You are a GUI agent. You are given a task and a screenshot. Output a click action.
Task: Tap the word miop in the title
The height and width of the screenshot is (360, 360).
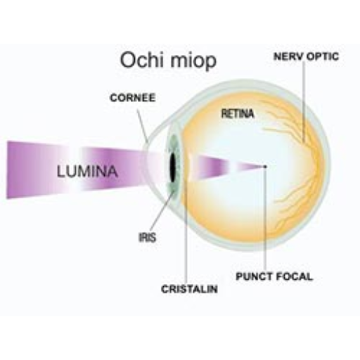point(193,61)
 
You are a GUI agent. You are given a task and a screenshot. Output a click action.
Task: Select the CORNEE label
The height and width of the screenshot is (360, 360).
point(133,98)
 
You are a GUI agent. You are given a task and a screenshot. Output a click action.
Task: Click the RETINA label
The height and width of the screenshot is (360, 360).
point(238,114)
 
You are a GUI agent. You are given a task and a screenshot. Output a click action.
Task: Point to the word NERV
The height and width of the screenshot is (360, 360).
point(288,56)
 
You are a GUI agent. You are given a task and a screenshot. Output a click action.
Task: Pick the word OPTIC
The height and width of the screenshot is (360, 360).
point(323,56)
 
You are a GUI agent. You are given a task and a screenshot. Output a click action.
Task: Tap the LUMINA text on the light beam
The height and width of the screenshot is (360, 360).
point(87,171)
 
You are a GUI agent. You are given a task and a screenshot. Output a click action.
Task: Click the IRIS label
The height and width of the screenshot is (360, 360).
point(147,238)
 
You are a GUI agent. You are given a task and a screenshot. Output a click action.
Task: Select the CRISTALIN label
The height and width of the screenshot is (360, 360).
point(189,289)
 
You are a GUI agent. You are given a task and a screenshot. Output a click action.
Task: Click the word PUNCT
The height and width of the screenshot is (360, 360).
point(254,276)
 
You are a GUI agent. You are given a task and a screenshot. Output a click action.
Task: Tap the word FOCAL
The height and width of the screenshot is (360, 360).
point(294,276)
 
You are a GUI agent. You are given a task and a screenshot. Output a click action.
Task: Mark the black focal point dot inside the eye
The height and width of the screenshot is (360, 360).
point(265,167)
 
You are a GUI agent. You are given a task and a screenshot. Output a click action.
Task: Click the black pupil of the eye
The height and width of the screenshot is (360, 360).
point(173,167)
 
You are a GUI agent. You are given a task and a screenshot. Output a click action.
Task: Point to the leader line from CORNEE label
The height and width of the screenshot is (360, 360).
point(143,126)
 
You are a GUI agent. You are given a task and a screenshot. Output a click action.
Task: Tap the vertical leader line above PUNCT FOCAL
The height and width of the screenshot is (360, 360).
point(265,219)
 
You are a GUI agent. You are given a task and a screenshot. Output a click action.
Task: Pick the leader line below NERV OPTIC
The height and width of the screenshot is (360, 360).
point(304,102)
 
